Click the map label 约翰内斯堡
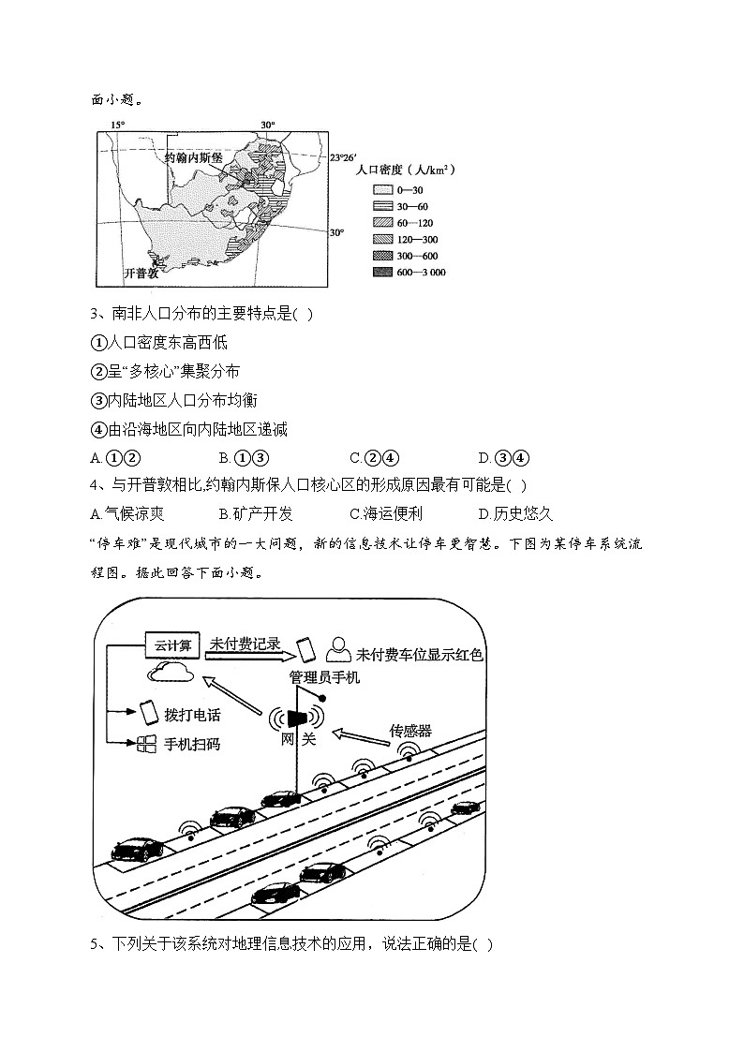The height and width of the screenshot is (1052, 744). pyautogui.click(x=194, y=158)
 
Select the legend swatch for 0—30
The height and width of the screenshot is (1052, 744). pyautogui.click(x=382, y=190)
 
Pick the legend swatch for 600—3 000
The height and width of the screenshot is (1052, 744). pyautogui.click(x=382, y=273)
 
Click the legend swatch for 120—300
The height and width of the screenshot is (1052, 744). pyautogui.click(x=382, y=240)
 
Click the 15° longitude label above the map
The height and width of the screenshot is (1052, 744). pyautogui.click(x=117, y=125)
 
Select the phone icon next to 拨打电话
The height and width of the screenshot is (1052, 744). pyautogui.click(x=147, y=713)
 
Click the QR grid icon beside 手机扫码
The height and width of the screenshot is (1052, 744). pyautogui.click(x=146, y=745)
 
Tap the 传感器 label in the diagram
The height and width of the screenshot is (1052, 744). pyautogui.click(x=410, y=730)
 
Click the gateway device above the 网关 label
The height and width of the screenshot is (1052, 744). pyautogui.click(x=296, y=718)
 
